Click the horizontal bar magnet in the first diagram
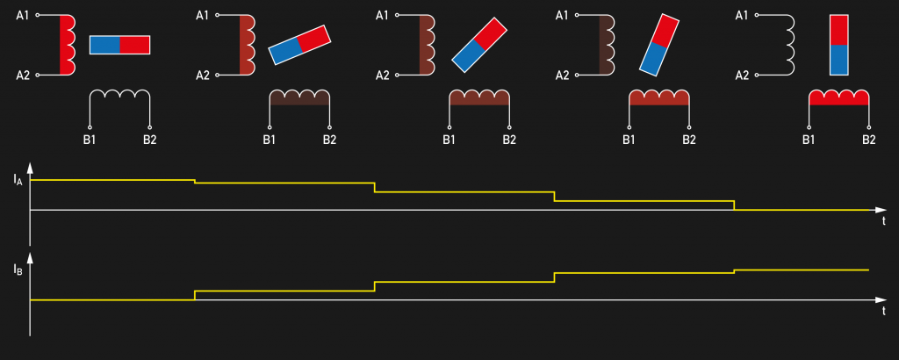coord(119,46)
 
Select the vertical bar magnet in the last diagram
coord(838,46)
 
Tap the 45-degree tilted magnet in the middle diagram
coord(480,45)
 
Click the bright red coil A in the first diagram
coord(67,46)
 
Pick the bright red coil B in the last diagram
coord(838,97)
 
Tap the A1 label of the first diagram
coord(22,16)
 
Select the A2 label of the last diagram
coord(742,76)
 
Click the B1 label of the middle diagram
coord(449,140)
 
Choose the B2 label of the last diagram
coord(868,140)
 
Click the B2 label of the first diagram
coord(149,140)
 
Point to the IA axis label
coord(18,179)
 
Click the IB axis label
coord(18,270)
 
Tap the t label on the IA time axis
coord(883,221)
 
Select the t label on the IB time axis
coord(883,312)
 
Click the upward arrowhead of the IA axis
coord(30,168)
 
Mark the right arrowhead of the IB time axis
coord(881,299)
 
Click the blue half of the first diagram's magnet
coord(105,46)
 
